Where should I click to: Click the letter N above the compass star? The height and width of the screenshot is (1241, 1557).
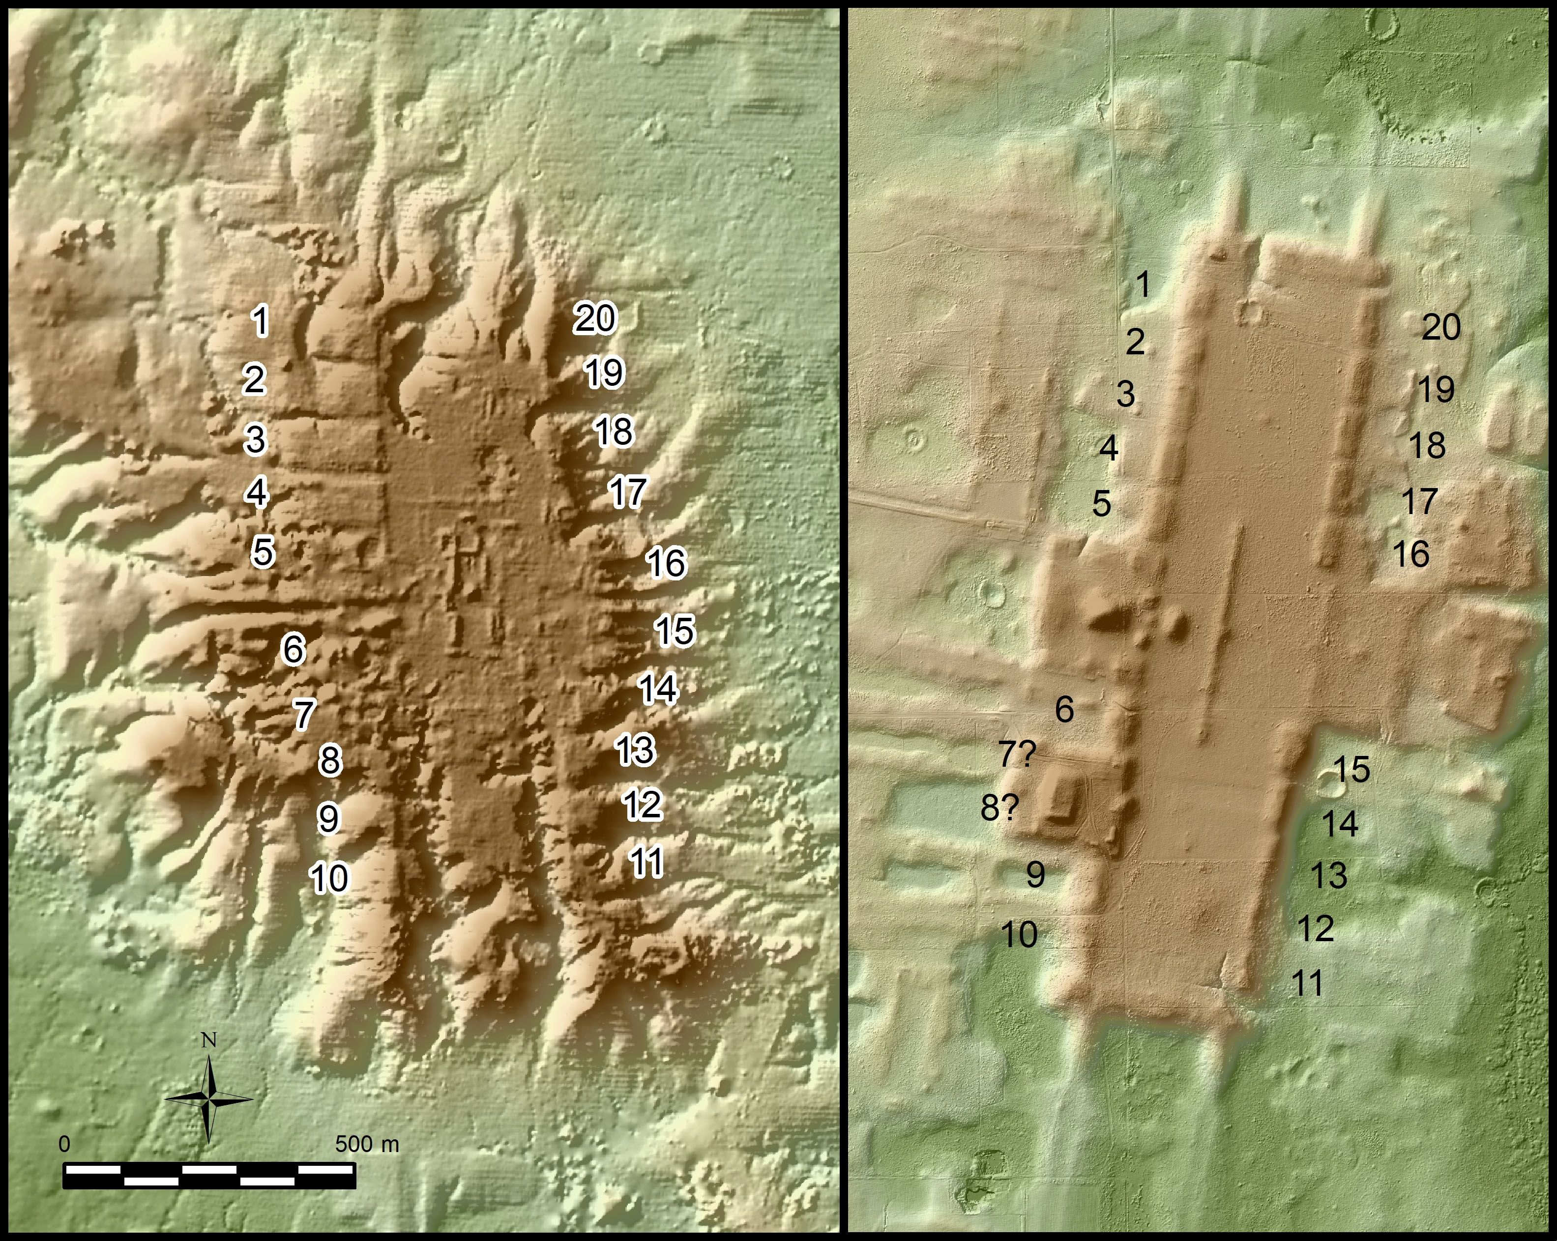(209, 1040)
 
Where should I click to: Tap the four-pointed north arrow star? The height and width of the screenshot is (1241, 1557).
(209, 1099)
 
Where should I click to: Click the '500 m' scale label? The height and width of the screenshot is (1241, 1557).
(367, 1144)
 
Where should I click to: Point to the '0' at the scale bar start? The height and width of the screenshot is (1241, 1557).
(65, 1144)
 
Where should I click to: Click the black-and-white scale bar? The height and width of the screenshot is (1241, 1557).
(209, 1175)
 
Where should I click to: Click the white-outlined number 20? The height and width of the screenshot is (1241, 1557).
(595, 318)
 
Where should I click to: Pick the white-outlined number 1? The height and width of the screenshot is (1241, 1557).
(261, 321)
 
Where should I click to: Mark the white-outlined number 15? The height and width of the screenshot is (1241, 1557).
(675, 630)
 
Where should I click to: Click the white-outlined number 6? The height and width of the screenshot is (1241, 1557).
(293, 649)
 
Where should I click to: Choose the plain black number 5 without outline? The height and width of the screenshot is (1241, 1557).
(1101, 504)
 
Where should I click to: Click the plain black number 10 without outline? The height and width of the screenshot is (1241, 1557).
(1020, 935)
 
